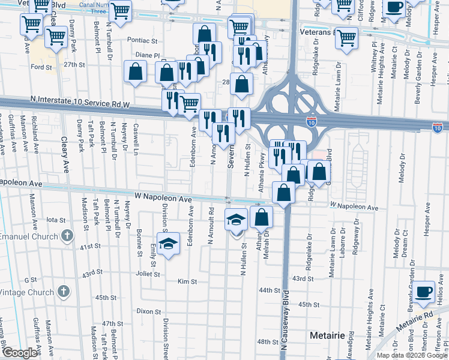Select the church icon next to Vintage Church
tap(63, 292)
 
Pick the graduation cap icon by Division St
tap(169, 243)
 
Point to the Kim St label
tap(187, 281)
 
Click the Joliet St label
tap(148, 274)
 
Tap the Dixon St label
tap(148, 311)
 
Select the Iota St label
tap(55, 220)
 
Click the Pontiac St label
tap(142, 41)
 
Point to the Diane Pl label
tap(147, 55)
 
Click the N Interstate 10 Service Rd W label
tap(80, 104)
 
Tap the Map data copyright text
tap(412, 355)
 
